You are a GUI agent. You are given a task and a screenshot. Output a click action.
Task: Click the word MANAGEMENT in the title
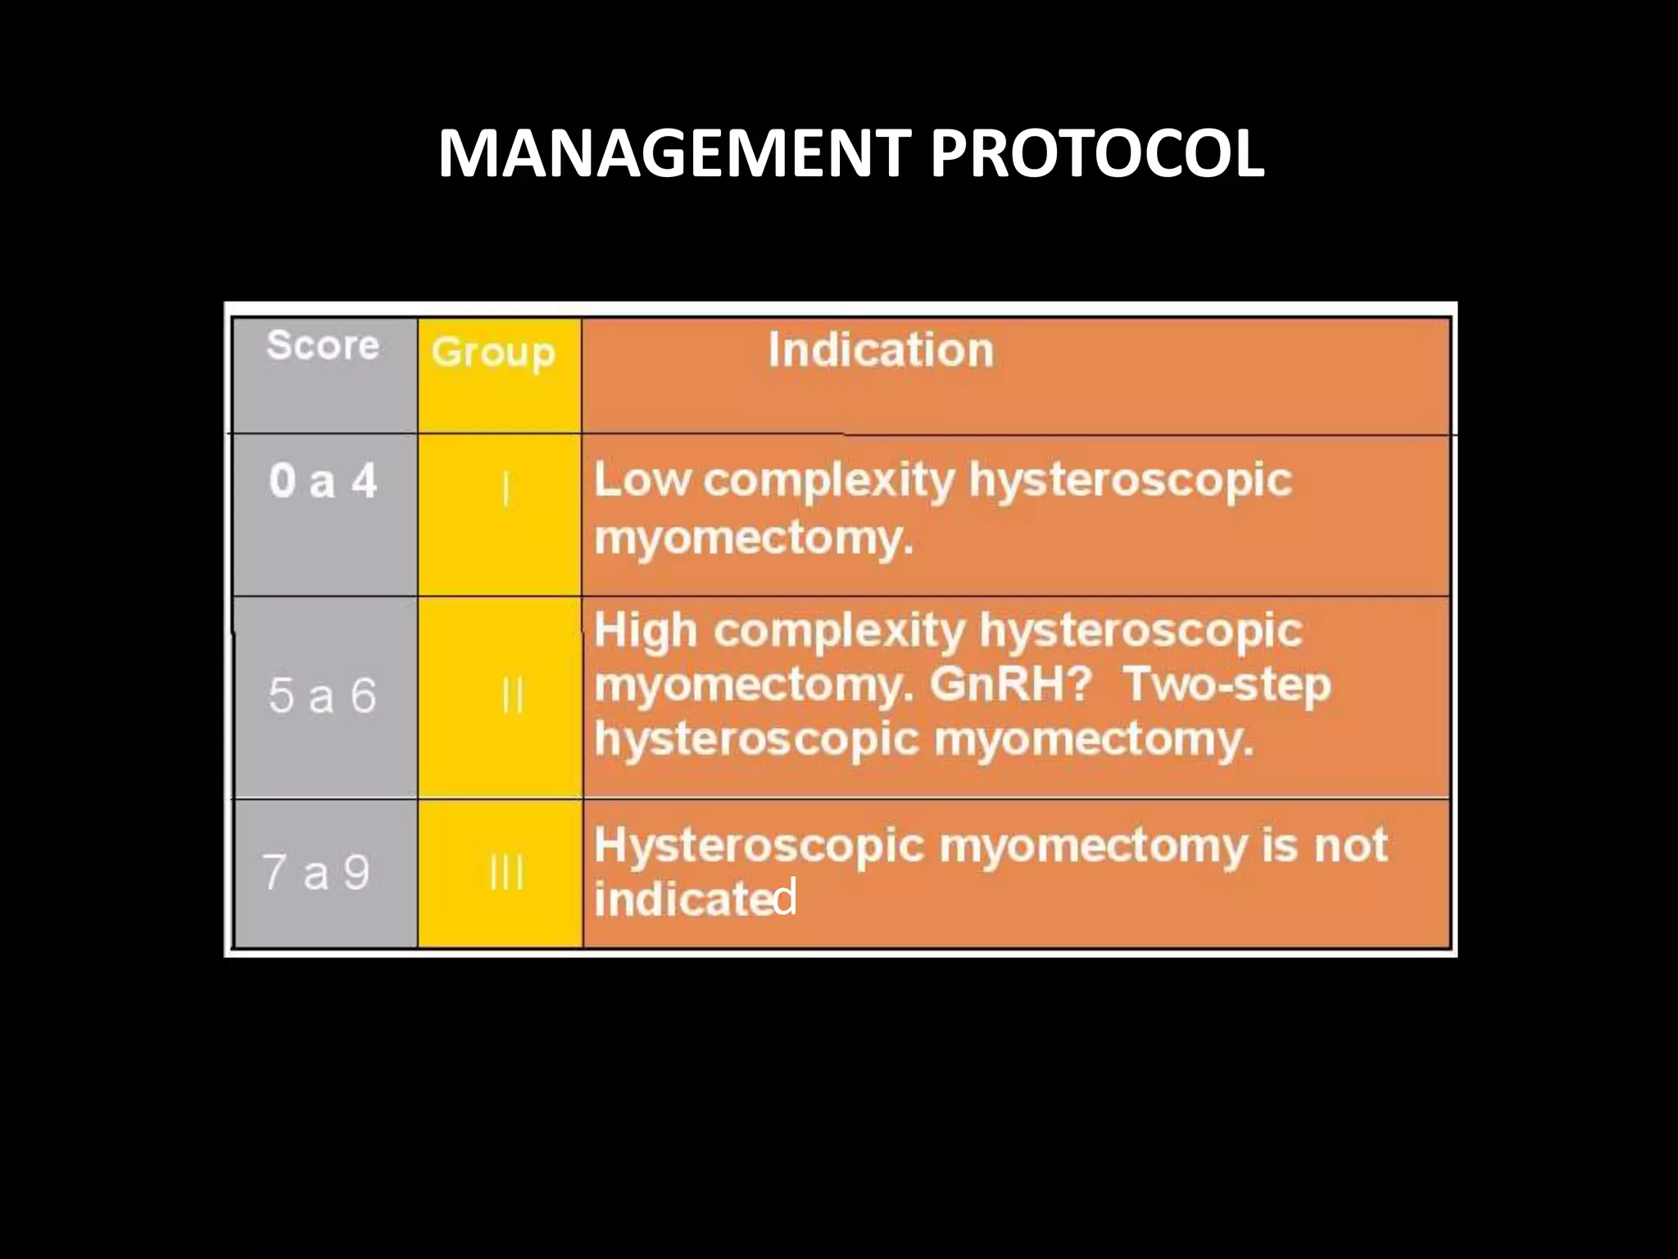click(x=673, y=153)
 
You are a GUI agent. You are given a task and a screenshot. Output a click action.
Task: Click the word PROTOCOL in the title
click(x=1097, y=153)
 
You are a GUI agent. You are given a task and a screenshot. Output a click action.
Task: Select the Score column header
click(x=323, y=345)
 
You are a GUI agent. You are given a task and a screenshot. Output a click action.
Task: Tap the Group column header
click(x=493, y=352)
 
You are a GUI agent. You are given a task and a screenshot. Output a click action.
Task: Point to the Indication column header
click(x=881, y=350)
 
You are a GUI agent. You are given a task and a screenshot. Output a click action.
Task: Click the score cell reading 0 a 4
click(x=323, y=481)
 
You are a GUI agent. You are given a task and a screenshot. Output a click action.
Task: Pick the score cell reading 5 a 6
click(x=322, y=696)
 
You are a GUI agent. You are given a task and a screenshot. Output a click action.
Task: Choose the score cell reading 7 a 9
click(x=316, y=871)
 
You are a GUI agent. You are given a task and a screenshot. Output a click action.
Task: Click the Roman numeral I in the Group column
click(x=506, y=490)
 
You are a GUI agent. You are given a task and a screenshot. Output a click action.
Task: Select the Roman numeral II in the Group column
click(x=511, y=697)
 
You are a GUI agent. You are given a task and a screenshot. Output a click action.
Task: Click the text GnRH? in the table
click(x=1010, y=685)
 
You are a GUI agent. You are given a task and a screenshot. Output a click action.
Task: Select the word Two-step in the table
click(x=1227, y=685)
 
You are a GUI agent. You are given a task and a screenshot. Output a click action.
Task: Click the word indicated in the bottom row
click(x=695, y=899)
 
